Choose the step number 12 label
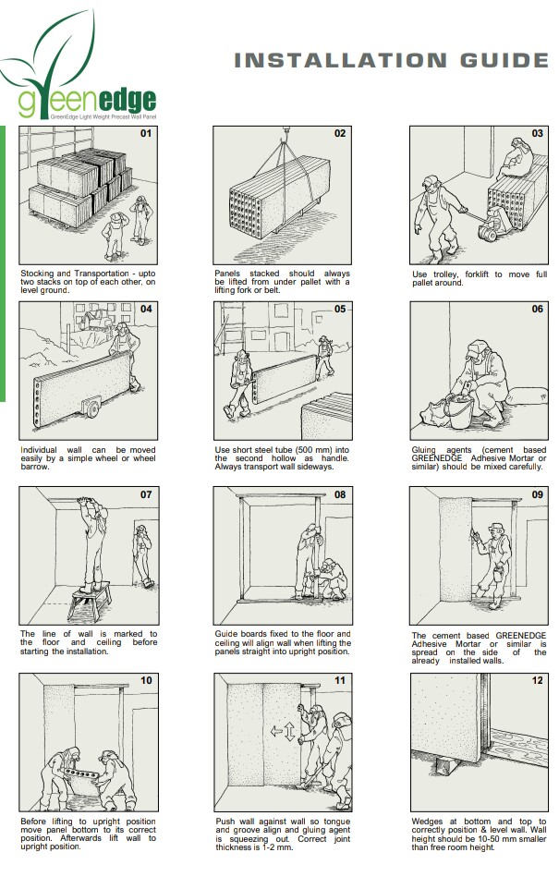tap(536, 681)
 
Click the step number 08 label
tap(340, 494)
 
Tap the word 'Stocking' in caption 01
tap(36, 274)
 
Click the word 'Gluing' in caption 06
tap(425, 450)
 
